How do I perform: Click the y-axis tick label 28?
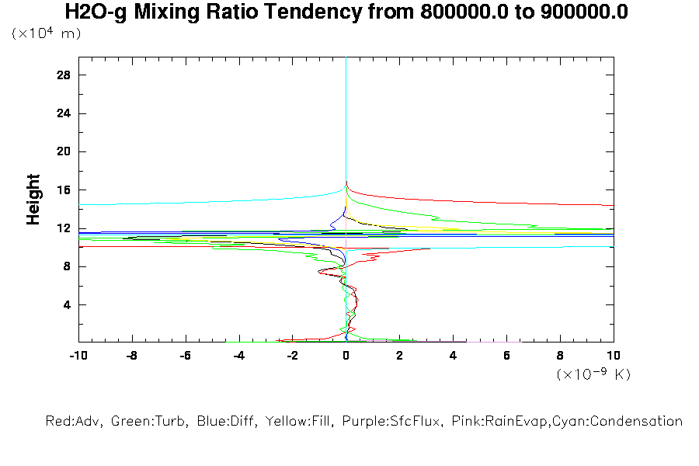point(64,75)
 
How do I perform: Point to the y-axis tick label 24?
point(64,113)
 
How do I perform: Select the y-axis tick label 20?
point(64,151)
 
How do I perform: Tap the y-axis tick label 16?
point(64,190)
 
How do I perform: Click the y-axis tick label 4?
point(68,304)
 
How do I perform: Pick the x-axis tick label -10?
point(78,355)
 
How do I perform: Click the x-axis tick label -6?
point(185,355)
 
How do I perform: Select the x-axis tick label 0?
point(346,355)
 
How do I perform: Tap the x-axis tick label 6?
point(506,355)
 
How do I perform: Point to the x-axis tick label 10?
point(614,355)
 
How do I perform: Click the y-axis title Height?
point(33,200)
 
